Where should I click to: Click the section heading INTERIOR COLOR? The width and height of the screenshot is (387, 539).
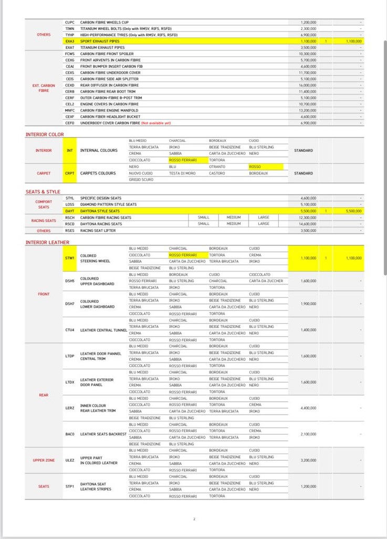[x=45, y=134]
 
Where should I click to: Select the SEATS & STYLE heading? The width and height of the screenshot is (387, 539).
[x=43, y=192]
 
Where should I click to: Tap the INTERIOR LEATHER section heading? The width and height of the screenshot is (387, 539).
[x=47, y=242]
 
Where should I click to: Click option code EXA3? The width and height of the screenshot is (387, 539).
[x=69, y=40]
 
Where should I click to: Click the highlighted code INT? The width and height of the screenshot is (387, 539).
[x=69, y=150]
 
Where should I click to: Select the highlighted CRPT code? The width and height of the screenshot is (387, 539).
[x=69, y=173]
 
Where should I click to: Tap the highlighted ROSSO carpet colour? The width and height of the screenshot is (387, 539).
[x=254, y=167]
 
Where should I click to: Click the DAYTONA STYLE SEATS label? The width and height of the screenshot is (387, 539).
[x=100, y=211]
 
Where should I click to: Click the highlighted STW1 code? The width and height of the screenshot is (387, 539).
[x=69, y=258]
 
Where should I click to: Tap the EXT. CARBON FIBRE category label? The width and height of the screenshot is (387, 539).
[x=44, y=88]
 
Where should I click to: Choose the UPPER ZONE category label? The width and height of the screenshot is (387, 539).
[x=44, y=460]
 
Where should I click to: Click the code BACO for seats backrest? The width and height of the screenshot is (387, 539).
[x=69, y=434]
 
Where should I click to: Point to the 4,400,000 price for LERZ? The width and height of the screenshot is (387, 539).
[x=308, y=408]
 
